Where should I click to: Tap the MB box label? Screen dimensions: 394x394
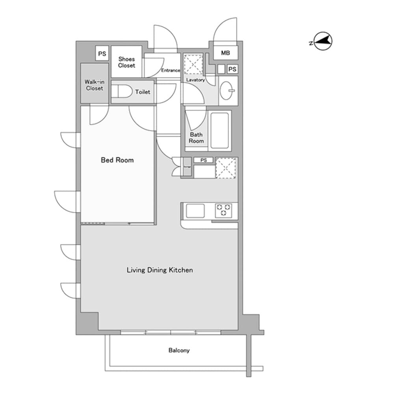coord(225,53)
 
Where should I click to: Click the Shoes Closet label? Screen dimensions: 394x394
coord(126,62)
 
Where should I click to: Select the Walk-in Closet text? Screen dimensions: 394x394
coord(95,85)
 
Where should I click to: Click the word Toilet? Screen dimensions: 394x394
coord(143,92)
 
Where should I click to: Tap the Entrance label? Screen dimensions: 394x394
coord(171,71)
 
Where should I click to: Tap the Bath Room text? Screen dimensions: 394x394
coord(196,138)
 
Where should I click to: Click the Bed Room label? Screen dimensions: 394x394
coord(117,160)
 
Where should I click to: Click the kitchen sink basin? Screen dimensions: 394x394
coord(195,211)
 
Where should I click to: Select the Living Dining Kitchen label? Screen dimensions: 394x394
coord(160,270)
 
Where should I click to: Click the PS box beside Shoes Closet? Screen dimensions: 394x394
coord(102,54)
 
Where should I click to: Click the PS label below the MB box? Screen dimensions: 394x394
coord(232,69)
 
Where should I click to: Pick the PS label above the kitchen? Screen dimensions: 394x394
coord(203,160)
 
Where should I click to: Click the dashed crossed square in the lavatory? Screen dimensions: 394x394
coord(193,63)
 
